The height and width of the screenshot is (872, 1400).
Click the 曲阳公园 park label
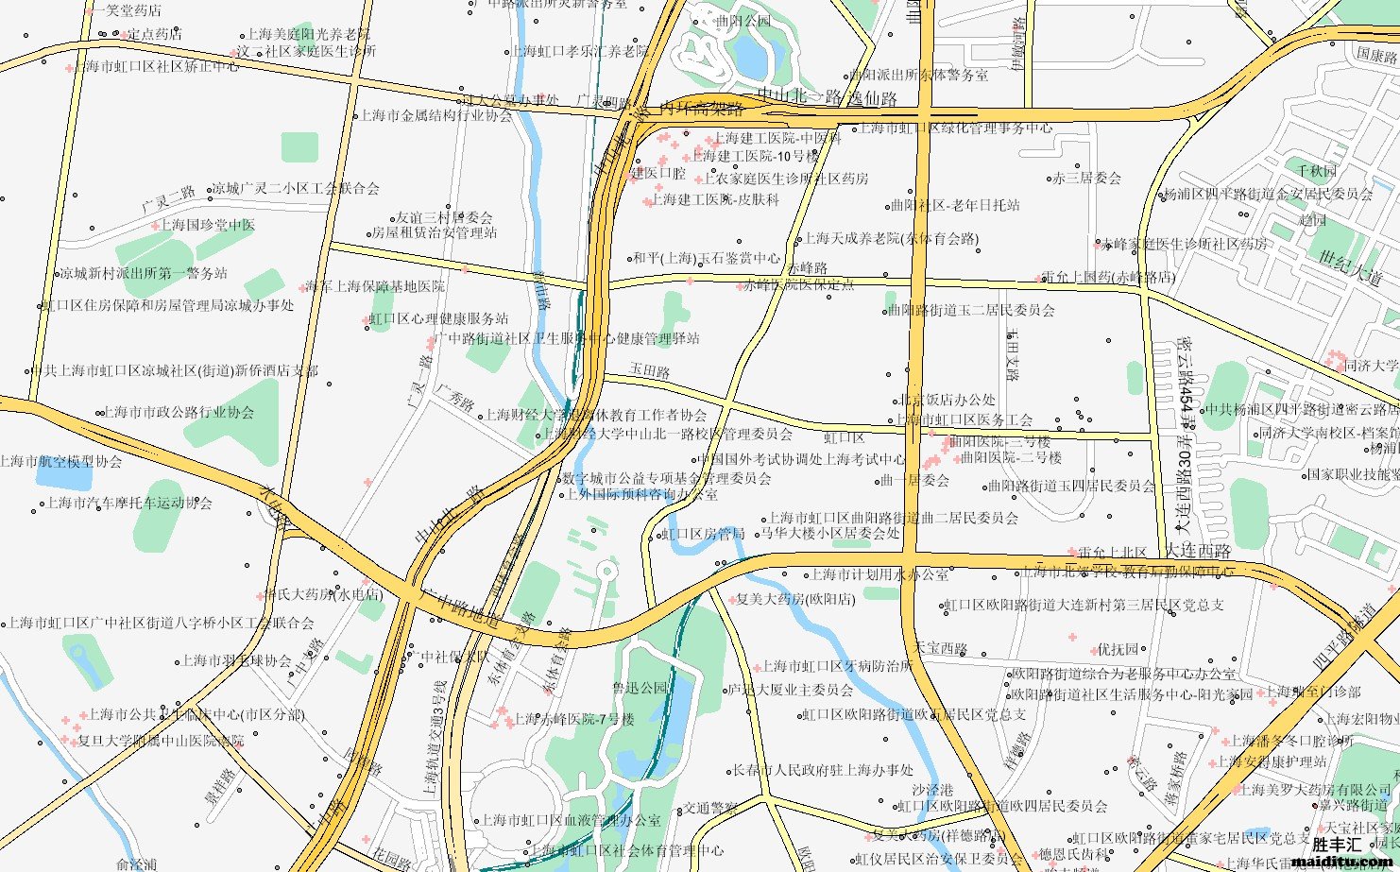(743, 21)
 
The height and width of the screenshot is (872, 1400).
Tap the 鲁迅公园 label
(640, 689)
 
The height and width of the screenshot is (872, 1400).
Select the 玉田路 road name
(650, 372)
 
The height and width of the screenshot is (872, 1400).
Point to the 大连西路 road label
(1198, 551)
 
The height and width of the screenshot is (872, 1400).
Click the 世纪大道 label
(1350, 268)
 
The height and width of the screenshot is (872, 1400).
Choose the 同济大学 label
(1371, 366)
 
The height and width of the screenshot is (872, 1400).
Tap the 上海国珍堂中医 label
(207, 225)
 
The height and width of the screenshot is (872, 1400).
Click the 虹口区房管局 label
(704, 535)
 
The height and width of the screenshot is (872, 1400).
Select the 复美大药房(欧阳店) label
(795, 599)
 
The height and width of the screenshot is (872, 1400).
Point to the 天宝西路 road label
(941, 648)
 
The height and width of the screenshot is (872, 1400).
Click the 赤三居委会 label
(1086, 178)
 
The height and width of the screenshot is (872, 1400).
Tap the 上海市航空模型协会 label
(60, 462)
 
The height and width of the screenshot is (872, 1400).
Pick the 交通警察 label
(709, 808)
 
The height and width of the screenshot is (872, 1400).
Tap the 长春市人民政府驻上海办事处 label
(824, 771)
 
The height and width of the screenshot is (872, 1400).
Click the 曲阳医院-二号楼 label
(1011, 457)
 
